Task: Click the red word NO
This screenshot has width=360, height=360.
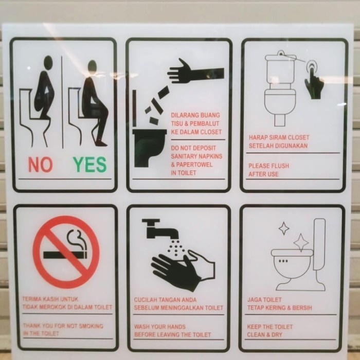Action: click(x=40, y=165)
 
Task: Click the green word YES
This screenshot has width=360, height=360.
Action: click(x=89, y=165)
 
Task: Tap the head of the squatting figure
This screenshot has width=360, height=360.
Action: click(x=48, y=62)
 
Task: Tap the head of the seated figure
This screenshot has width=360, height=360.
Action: click(x=92, y=66)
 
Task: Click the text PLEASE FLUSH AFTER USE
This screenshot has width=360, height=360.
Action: click(x=268, y=170)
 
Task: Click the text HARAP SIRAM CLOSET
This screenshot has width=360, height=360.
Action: click(x=279, y=137)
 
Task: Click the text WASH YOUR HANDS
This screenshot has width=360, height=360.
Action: click(x=160, y=327)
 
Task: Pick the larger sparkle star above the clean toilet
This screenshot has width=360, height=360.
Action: click(x=301, y=242)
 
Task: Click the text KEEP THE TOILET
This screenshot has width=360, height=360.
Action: click(x=270, y=327)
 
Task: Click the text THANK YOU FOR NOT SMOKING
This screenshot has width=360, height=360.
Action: click(x=62, y=326)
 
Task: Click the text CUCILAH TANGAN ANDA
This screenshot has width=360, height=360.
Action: click(x=165, y=300)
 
